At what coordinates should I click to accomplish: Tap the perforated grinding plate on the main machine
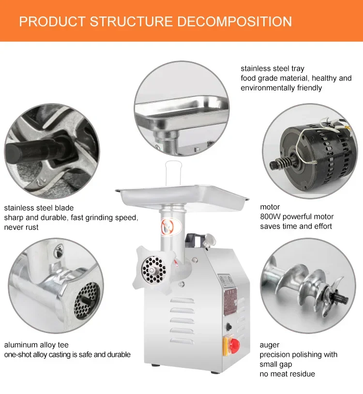[x=154, y=266]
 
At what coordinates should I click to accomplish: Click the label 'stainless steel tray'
[x=272, y=69]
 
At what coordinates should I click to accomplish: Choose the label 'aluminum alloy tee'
[x=36, y=345]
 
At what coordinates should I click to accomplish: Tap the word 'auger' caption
[x=270, y=345]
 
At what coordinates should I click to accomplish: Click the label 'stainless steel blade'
[x=39, y=208]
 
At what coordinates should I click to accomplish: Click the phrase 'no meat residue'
[x=287, y=374]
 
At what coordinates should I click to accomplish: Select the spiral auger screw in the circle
[x=305, y=286]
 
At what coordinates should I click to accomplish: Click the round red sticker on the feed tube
[x=166, y=225]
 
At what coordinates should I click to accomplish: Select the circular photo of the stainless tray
[x=181, y=106]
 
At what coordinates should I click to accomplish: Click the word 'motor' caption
[x=270, y=207]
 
